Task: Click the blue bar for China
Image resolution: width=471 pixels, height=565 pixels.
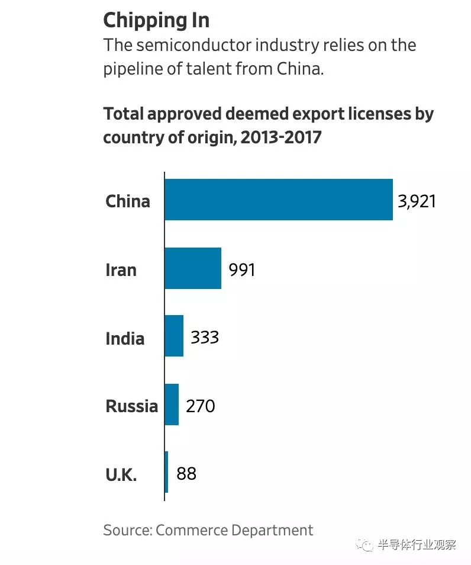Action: click(278, 200)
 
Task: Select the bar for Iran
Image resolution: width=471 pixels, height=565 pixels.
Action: click(193, 268)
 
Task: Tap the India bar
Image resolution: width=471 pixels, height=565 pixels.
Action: click(174, 336)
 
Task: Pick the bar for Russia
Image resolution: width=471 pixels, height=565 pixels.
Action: click(172, 405)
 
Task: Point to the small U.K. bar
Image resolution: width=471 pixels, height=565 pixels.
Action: click(166, 472)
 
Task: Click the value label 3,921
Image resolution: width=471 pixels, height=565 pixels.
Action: click(417, 201)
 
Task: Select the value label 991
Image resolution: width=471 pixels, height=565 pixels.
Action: click(241, 270)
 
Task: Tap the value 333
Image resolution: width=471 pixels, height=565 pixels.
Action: click(205, 338)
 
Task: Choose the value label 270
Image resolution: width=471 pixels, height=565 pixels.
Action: click(200, 406)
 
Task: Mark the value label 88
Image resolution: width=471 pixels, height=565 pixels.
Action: click(186, 474)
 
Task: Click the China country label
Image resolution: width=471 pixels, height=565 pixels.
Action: click(128, 201)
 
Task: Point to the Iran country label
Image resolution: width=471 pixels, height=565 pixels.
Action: click(121, 270)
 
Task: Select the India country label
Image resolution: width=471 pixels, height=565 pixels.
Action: click(125, 338)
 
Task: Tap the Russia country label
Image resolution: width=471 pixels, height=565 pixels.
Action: click(132, 406)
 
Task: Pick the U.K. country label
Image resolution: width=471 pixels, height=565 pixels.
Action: click(121, 474)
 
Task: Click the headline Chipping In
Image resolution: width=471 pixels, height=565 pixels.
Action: click(156, 20)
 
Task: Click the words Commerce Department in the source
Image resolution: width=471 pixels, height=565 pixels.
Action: click(234, 529)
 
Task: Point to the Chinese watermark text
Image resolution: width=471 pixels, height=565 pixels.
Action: click(417, 545)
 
